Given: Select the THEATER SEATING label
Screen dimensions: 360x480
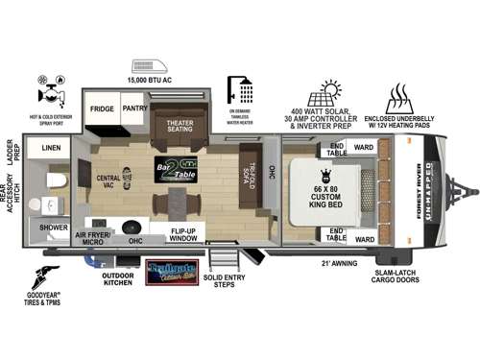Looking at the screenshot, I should point(180,129).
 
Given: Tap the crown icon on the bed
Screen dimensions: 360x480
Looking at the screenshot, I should point(324,174).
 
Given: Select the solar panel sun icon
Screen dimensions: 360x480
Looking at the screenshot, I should point(330,93).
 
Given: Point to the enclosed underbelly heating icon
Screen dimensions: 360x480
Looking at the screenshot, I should point(400,98).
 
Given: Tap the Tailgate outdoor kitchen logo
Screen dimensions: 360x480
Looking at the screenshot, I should point(169,275).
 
